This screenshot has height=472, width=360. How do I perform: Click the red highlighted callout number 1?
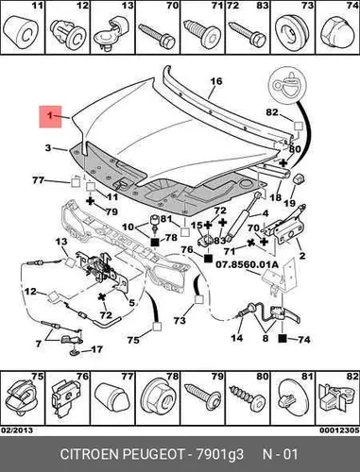[50, 117]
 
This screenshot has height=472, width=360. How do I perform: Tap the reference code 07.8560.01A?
[247, 264]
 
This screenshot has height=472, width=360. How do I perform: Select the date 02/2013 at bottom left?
[17, 430]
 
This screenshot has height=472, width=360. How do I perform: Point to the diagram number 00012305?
[339, 430]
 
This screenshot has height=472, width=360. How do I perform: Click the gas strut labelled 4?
[243, 215]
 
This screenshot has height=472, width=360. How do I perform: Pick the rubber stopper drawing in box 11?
[22, 32]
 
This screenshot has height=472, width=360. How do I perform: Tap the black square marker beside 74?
[283, 339]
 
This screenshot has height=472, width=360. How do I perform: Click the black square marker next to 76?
[208, 259]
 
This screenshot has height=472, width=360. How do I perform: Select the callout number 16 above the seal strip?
[216, 81]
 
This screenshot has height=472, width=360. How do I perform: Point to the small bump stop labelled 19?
[299, 178]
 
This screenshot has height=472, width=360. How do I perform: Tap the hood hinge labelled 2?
[285, 227]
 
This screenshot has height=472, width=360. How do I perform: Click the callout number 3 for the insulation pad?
[48, 147]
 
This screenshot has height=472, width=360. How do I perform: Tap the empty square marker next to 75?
[157, 327]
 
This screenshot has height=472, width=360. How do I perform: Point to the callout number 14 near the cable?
[237, 338]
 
